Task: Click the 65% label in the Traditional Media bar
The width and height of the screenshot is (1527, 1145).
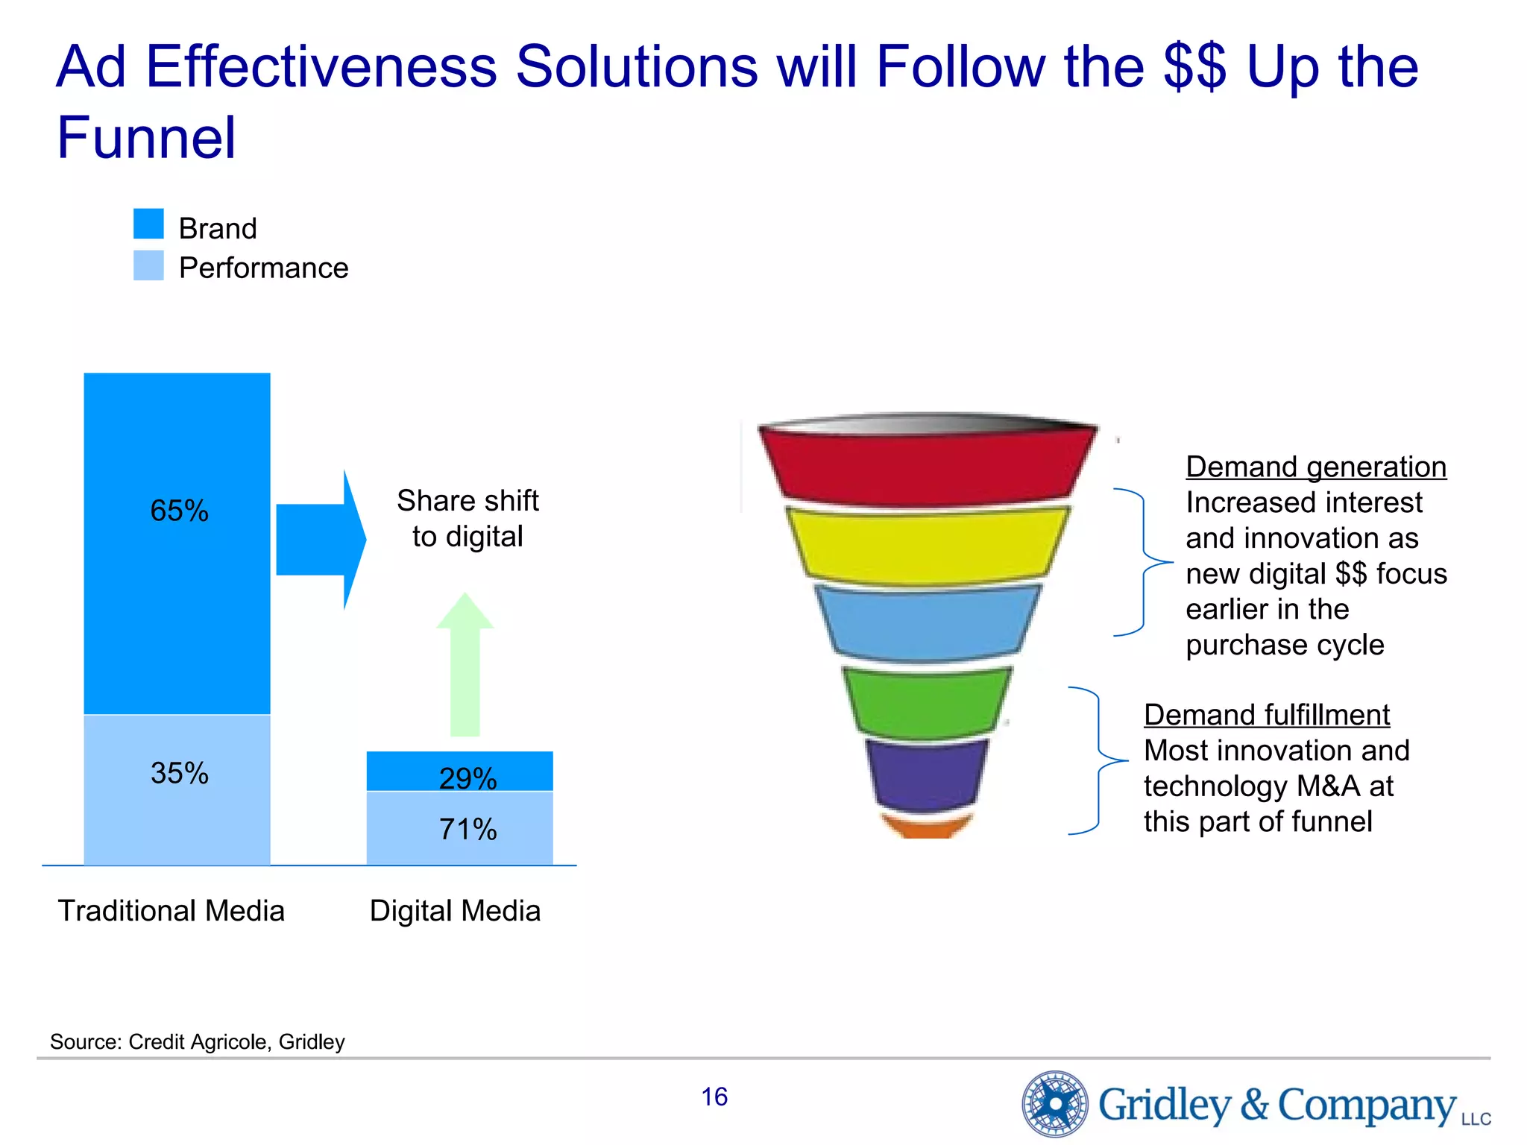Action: tap(179, 511)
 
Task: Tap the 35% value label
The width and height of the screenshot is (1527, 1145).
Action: tap(179, 773)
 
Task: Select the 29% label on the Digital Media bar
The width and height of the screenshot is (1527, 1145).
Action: tap(467, 778)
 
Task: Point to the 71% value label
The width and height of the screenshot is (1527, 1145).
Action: tap(467, 829)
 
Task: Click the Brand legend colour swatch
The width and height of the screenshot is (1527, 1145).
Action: tap(148, 224)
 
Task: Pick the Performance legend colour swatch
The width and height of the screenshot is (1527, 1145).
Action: tap(148, 265)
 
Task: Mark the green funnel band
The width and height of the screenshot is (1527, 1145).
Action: tap(927, 701)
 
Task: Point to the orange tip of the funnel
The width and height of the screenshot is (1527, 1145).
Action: tap(927, 826)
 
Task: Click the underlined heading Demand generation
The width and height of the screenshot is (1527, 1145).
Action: tap(1316, 467)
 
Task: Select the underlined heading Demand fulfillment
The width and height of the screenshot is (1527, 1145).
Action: tap(1266, 715)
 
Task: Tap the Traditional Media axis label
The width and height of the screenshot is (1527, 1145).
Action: tap(171, 911)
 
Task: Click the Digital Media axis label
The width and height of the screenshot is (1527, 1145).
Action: tap(455, 911)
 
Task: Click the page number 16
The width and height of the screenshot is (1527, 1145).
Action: tap(714, 1097)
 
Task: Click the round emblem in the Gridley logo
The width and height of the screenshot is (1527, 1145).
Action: tap(1055, 1103)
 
